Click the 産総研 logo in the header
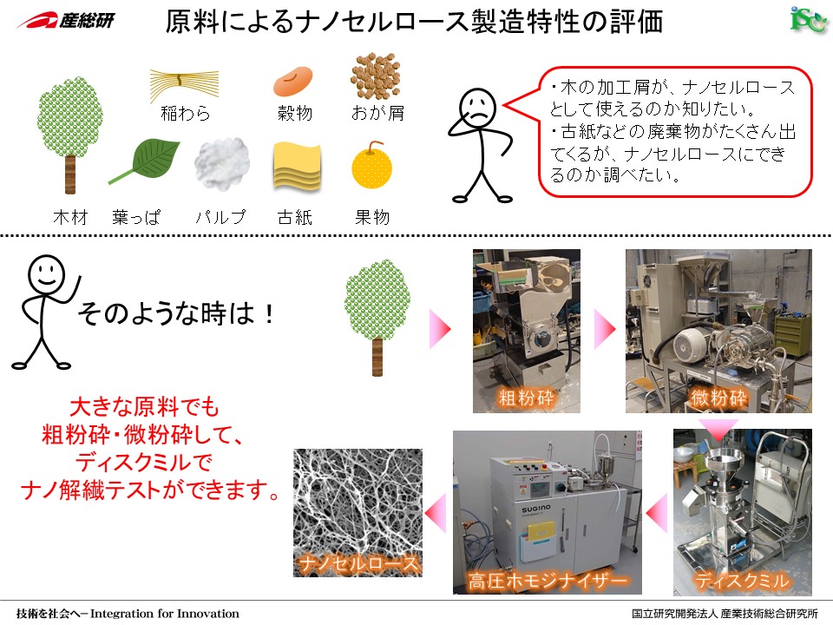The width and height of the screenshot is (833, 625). click(x=66, y=21)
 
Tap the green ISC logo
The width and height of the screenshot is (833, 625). click(x=808, y=20)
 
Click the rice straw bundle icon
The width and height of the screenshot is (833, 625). click(x=184, y=84)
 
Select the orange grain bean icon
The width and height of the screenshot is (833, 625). click(x=292, y=81)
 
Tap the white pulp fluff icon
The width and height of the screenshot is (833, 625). click(x=222, y=164)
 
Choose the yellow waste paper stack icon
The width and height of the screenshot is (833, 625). click(x=297, y=166)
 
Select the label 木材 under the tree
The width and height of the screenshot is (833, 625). click(x=70, y=217)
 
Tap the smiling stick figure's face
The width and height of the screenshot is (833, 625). click(x=46, y=274)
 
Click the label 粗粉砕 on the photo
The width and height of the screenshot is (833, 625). click(x=526, y=398)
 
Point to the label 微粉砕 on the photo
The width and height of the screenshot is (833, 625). click(x=718, y=398)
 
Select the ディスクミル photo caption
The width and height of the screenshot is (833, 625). click(x=742, y=580)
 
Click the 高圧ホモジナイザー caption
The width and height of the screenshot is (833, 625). click(x=548, y=581)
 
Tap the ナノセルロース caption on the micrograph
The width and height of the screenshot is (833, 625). click(x=358, y=562)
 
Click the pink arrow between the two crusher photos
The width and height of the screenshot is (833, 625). click(x=605, y=330)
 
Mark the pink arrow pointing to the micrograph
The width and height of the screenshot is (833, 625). click(x=436, y=513)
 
